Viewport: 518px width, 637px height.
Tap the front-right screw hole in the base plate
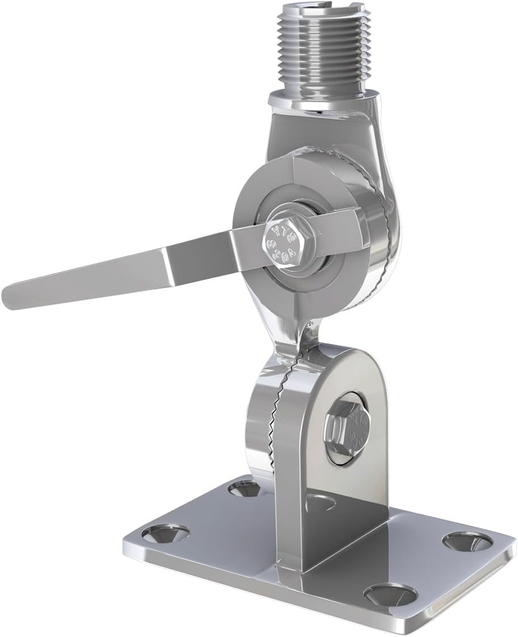coord(390,594)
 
